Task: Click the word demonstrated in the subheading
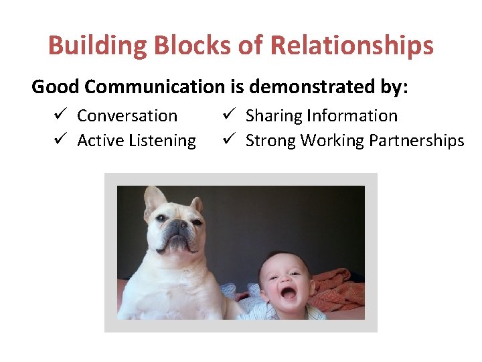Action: [x=303, y=86]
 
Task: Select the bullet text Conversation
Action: [x=127, y=116]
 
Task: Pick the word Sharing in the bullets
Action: [x=273, y=116]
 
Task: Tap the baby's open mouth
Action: [x=289, y=293]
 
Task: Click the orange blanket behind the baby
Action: [x=338, y=288]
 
